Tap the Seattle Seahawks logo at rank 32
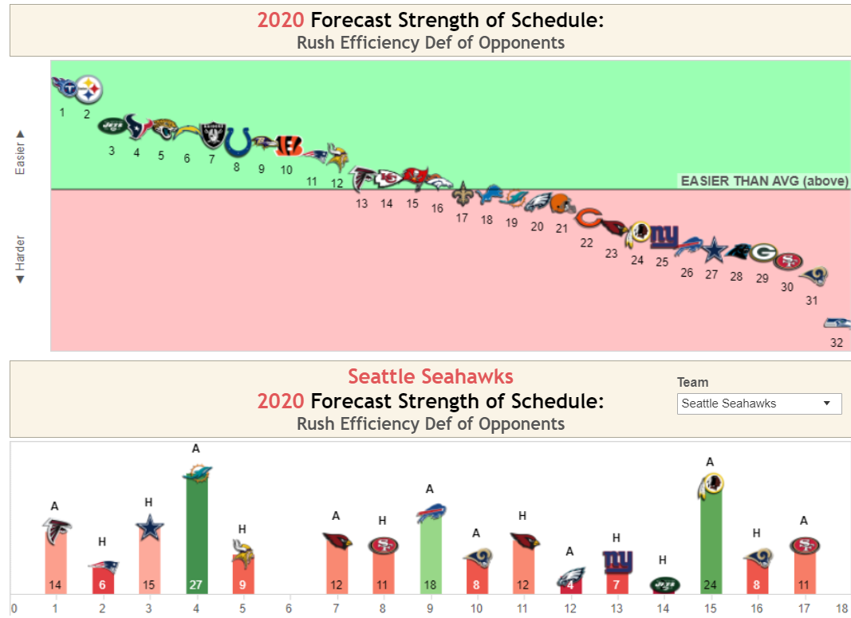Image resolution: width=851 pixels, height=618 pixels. pyautogui.click(x=837, y=323)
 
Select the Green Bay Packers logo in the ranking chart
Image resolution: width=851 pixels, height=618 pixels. pyautogui.click(x=763, y=253)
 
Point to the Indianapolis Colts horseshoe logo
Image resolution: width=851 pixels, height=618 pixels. pyautogui.click(x=237, y=142)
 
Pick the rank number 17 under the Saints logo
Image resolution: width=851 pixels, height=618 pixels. pyautogui.click(x=462, y=218)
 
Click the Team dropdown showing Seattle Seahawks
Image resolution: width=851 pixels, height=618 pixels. pyautogui.click(x=758, y=403)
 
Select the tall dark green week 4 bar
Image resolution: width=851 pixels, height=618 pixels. pyautogui.click(x=196, y=534)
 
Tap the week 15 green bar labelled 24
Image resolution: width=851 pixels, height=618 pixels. pyautogui.click(x=711, y=542)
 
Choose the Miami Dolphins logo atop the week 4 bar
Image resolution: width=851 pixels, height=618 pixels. pyautogui.click(x=196, y=474)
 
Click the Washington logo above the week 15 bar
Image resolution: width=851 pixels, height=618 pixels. pyautogui.click(x=711, y=486)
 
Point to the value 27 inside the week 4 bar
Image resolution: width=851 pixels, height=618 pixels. pyautogui.click(x=196, y=585)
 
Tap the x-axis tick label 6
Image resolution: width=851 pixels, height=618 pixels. pyautogui.click(x=289, y=609)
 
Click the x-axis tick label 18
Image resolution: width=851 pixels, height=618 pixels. pyautogui.click(x=841, y=609)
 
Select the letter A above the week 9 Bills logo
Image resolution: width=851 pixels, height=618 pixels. pyautogui.click(x=430, y=489)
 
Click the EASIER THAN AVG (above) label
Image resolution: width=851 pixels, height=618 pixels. pyautogui.click(x=764, y=181)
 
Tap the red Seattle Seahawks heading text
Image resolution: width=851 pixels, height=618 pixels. pyautogui.click(x=430, y=376)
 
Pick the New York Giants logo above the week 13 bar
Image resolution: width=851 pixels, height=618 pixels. pyautogui.click(x=617, y=562)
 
